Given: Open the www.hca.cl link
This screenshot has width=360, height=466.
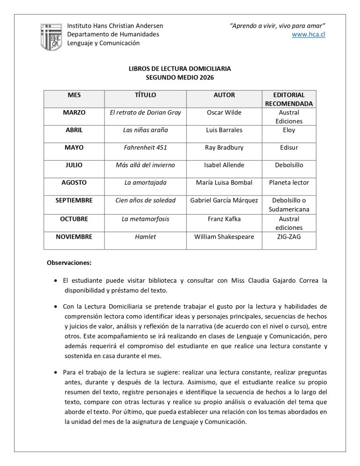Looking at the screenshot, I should tap(308, 34).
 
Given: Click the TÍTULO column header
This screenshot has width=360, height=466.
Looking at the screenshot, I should tap(145, 95).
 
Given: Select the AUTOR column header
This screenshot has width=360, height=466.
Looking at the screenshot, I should tap(224, 95).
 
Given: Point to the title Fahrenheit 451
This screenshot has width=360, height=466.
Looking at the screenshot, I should tap(145, 148).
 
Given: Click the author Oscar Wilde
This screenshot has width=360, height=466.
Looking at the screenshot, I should tap(224, 113).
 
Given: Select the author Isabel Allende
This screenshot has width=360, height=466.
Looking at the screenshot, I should tap(224, 165).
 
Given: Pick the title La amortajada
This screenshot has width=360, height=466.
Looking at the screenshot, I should tap(145, 183).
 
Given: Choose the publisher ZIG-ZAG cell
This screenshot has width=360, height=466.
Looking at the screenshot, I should tap(289, 237).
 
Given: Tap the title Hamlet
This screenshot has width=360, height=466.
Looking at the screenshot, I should tap(145, 237).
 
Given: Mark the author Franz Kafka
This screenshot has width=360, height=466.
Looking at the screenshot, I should tap(224, 219).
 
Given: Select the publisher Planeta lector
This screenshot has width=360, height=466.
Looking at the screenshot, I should tap(289, 183).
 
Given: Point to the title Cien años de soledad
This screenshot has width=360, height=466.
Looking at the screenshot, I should tap(145, 200).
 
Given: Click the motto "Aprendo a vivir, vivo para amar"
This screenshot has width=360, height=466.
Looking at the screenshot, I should tap(277, 25).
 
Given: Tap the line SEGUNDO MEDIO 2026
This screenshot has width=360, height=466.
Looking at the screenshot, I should tap(180, 77).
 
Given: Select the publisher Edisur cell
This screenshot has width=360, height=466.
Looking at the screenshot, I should tap(289, 148).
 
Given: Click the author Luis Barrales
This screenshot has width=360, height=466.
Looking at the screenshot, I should tap(224, 130).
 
